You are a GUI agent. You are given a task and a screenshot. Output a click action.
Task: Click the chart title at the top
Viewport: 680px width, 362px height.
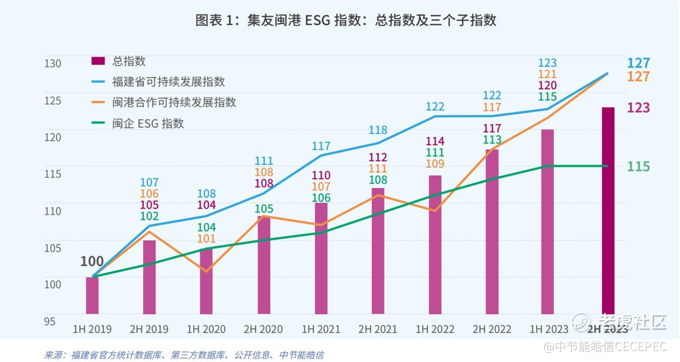[345, 20]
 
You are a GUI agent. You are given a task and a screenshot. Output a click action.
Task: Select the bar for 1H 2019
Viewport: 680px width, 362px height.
[92, 295]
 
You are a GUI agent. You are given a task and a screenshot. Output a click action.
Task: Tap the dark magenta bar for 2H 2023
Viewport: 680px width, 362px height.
[608, 210]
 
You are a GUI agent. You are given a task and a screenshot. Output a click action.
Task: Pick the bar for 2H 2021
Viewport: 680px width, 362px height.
[378, 251]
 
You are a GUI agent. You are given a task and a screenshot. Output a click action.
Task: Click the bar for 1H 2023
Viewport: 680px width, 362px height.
[548, 222]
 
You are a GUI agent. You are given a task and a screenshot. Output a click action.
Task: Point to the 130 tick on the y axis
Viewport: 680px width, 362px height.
[53, 64]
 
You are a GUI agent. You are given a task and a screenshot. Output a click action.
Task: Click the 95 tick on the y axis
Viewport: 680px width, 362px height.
[50, 321]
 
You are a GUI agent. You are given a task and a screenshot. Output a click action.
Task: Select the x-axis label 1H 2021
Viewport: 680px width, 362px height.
[321, 330]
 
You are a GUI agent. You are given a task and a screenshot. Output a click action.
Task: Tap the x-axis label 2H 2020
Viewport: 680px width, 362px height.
[263, 330]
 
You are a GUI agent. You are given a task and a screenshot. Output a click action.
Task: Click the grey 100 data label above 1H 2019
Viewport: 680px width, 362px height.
[92, 262]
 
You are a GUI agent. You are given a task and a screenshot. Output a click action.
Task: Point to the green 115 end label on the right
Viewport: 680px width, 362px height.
[638, 167]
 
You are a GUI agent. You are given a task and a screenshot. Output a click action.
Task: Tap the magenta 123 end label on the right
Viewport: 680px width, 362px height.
[638, 107]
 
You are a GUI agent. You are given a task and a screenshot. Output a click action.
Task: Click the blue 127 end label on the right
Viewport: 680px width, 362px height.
[638, 63]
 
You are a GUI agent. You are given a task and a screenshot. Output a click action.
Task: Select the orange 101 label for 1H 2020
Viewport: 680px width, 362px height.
[207, 239]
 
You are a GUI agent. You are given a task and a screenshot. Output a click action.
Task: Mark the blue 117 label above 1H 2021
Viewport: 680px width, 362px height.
[321, 146]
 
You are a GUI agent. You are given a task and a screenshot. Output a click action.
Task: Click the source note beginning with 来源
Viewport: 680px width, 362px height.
[183, 355]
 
